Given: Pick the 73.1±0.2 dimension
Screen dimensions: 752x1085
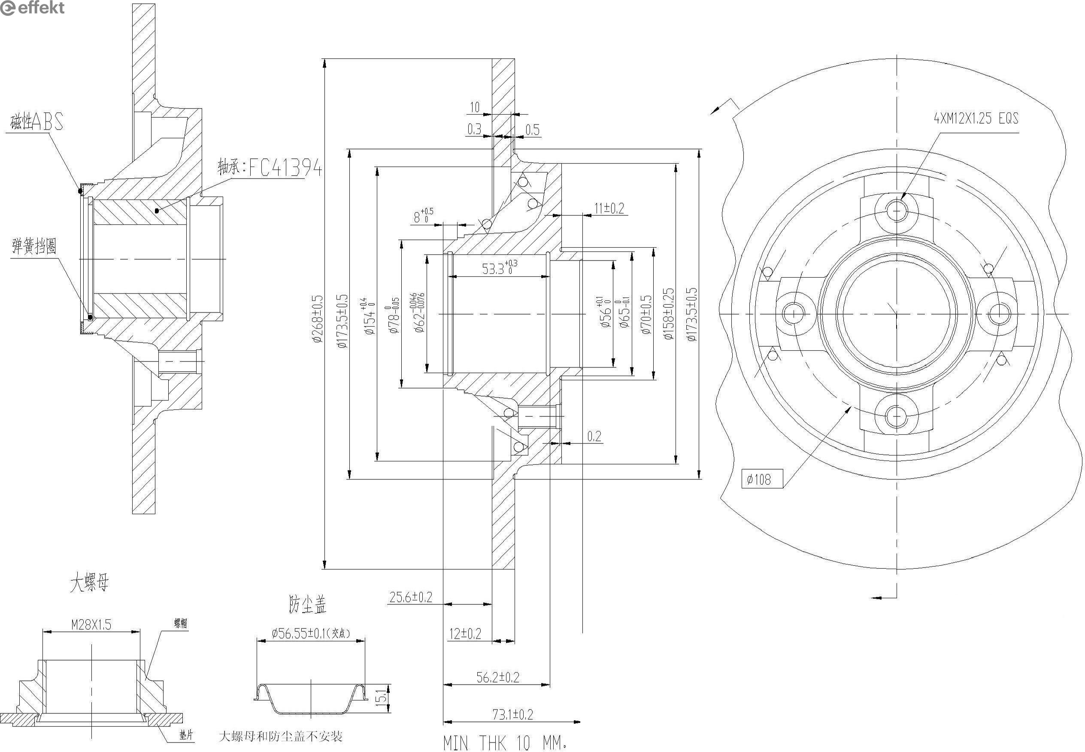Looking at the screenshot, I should click(512, 714).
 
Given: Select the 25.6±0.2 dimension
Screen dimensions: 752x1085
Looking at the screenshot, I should click(410, 597).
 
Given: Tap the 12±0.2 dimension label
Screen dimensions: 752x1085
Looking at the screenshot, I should click(465, 633).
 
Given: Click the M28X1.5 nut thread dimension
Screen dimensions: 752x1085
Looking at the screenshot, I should click(91, 625).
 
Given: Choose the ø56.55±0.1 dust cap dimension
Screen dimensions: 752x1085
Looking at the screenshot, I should click(311, 633).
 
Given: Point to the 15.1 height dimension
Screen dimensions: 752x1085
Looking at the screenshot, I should click(381, 695).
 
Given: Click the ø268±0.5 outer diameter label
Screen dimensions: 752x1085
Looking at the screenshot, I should click(318, 318).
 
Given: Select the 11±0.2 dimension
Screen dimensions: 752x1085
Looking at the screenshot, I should click(609, 208).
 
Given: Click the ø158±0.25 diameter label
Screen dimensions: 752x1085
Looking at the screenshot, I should click(669, 314).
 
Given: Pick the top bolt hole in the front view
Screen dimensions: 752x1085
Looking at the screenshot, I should click(897, 211).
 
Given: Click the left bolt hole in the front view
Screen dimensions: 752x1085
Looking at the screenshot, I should click(794, 313).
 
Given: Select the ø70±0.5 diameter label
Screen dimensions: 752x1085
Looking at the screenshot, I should click(646, 315).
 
